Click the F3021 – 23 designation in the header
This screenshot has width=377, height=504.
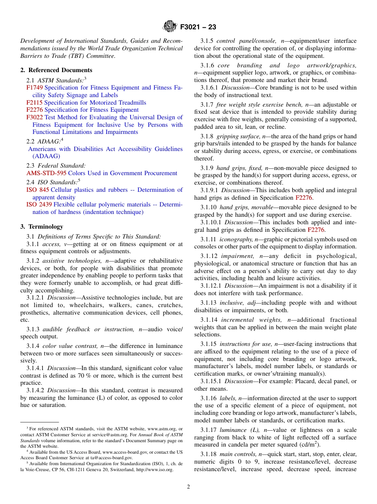pyautogui.click(x=198, y=27)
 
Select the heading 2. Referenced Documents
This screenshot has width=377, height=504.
pyautogui.click(x=50, y=70)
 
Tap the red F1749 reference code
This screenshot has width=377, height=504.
pyautogui.click(x=35, y=88)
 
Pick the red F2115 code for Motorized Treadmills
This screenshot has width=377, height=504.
pyautogui.click(x=35, y=103)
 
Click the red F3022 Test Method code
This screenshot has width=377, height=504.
pyautogui.click(x=35, y=117)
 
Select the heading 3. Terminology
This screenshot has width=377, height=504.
pyautogui.click(x=42, y=227)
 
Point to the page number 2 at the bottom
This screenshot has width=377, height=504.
pyautogui.click(x=188, y=487)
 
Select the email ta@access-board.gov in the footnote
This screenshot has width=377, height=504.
pyautogui.click(x=113, y=458)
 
